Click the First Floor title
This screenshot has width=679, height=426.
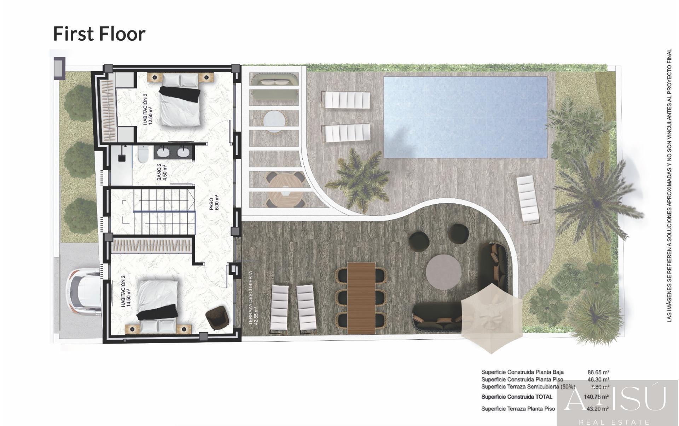point(99,34)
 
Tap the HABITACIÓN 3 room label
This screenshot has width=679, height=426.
point(147,109)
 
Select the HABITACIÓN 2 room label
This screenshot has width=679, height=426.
point(126,293)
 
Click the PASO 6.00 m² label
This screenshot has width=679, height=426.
point(214,203)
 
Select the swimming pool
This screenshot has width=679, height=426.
point(465,117)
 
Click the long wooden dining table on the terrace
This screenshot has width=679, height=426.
point(361,298)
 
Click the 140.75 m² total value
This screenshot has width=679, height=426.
point(596,397)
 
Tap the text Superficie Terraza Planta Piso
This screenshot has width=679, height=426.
point(518,409)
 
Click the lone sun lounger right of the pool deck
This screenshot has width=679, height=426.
point(528,199)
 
